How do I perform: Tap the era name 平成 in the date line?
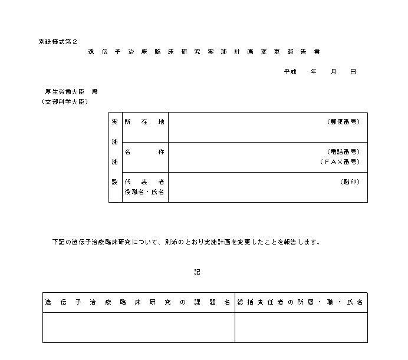pyautogui.click(x=289, y=72)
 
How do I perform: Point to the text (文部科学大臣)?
pyautogui.click(x=65, y=102)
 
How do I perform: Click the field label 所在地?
pyautogui.click(x=144, y=122)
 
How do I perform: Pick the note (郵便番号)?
pyautogui.click(x=343, y=122)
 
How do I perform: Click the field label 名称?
pyautogui.click(x=144, y=152)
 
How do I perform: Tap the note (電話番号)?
pyautogui.click(x=343, y=152)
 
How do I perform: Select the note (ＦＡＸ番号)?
pyautogui.click(x=340, y=161)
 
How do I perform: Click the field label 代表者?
pyautogui.click(x=144, y=182)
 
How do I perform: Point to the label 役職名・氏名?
pyautogui.click(x=144, y=192)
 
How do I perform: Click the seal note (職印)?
pyautogui.click(x=350, y=182)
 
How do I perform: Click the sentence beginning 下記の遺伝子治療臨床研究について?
pyautogui.click(x=186, y=242)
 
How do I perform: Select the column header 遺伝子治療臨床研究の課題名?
pyautogui.click(x=138, y=302)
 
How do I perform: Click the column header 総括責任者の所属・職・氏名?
pyautogui.click(x=301, y=302)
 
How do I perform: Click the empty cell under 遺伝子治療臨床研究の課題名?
pyautogui.click(x=138, y=327)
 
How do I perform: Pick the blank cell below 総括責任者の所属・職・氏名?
pyautogui.click(x=301, y=327)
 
